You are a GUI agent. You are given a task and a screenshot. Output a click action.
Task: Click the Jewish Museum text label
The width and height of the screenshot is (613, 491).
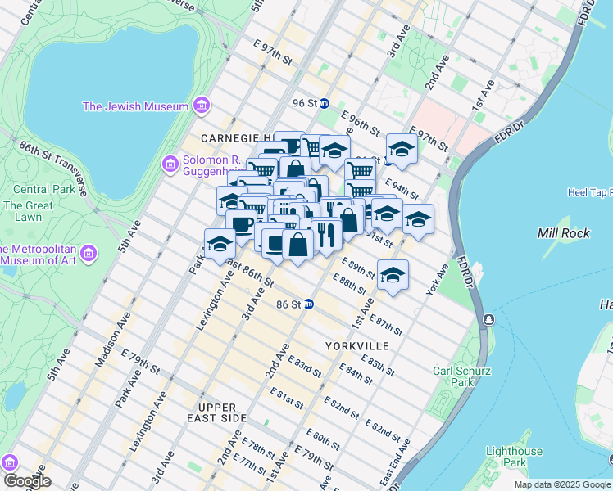tap(135, 106)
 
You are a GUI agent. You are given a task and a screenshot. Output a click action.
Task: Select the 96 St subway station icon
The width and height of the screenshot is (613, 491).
tap(324, 103)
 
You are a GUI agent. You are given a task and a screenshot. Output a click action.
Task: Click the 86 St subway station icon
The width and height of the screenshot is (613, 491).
tap(309, 304)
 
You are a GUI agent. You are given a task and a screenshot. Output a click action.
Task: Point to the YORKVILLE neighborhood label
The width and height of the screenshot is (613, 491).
tap(356, 346)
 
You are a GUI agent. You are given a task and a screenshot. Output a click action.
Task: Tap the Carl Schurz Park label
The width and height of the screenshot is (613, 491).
tap(462, 377)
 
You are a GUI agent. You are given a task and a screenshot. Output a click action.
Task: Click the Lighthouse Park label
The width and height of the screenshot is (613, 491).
tap(514, 457)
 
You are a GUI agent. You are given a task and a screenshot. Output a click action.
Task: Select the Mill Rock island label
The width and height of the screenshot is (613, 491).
tap(559, 233)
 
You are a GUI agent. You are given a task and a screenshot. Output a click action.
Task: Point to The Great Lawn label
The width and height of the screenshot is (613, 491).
tap(22, 211)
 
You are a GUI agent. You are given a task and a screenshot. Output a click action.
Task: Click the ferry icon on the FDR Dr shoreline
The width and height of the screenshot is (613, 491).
tap(488, 318)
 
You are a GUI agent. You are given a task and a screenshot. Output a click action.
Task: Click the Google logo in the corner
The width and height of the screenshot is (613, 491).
tap(26, 481)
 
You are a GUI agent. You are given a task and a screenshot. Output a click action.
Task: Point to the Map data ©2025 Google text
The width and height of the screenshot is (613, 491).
tap(561, 484)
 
